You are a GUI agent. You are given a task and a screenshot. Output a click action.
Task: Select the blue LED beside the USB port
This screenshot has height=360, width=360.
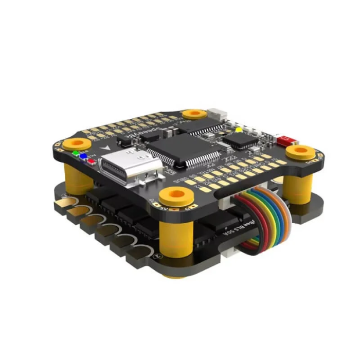tap(83, 156)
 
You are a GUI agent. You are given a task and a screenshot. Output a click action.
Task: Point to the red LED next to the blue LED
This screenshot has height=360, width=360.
tap(91, 160)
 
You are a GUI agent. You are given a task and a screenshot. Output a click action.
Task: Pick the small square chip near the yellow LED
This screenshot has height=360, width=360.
tap(242, 138)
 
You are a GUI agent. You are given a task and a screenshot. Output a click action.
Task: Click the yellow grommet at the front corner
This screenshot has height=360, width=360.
tap(176, 195)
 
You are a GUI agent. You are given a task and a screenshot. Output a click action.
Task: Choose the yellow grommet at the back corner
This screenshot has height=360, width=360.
tap(194, 113)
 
